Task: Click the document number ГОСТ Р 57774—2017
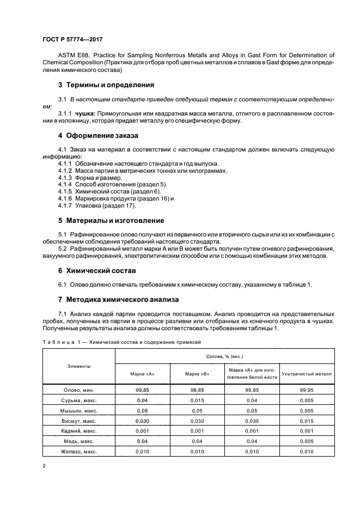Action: point(72,40)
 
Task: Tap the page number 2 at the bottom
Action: point(44,466)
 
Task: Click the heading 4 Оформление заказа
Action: point(98,135)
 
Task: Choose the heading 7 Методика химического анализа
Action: point(118,300)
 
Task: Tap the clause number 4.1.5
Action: point(65,191)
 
